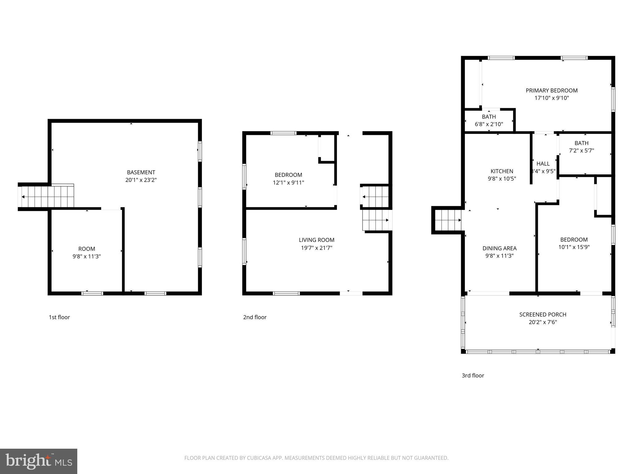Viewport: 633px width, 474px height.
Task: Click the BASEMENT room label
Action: coord(141,172)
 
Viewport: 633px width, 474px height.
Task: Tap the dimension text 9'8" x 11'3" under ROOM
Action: coord(87,256)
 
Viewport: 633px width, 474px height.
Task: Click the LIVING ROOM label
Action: coord(316,240)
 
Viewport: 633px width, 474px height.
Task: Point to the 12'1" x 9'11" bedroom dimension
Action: coord(288,183)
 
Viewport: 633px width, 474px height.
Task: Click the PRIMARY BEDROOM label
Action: coord(551,90)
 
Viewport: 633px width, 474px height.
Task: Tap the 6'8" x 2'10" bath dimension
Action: coord(489,124)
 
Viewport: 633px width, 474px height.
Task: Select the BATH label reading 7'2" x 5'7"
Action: coord(581,143)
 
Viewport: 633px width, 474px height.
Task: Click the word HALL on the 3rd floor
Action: coord(543,164)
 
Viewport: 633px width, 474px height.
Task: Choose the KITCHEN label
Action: coord(502,171)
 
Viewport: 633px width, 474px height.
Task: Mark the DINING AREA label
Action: coord(499,248)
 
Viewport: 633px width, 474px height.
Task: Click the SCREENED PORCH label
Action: coord(542,314)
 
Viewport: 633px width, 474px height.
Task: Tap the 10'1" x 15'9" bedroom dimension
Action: coord(574,247)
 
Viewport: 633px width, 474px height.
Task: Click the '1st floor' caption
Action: coord(59,317)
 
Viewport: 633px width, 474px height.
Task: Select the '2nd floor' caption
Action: coord(255,317)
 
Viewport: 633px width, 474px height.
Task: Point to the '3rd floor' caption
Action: coord(473,376)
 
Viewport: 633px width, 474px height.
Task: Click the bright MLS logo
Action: coord(39,461)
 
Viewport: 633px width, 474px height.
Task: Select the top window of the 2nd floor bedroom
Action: coord(283,133)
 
